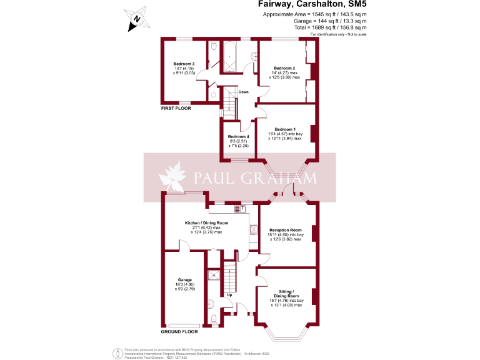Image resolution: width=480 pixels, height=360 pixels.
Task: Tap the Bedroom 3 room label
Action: point(184,64)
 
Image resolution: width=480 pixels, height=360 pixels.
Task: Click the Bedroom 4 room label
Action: point(238,137)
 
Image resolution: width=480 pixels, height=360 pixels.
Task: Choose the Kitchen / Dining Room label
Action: point(206,223)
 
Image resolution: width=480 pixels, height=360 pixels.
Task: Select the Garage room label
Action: point(184,279)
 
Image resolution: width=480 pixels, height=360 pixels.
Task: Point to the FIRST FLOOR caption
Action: point(176,108)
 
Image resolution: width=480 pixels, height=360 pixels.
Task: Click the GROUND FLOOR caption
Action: point(178,332)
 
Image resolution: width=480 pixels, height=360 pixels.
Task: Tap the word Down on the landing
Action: point(243,92)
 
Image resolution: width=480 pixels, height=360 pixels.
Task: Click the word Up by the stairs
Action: point(229,294)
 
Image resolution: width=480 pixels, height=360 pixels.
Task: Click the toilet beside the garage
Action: point(214,319)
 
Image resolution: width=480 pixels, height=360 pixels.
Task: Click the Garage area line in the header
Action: point(330,21)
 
